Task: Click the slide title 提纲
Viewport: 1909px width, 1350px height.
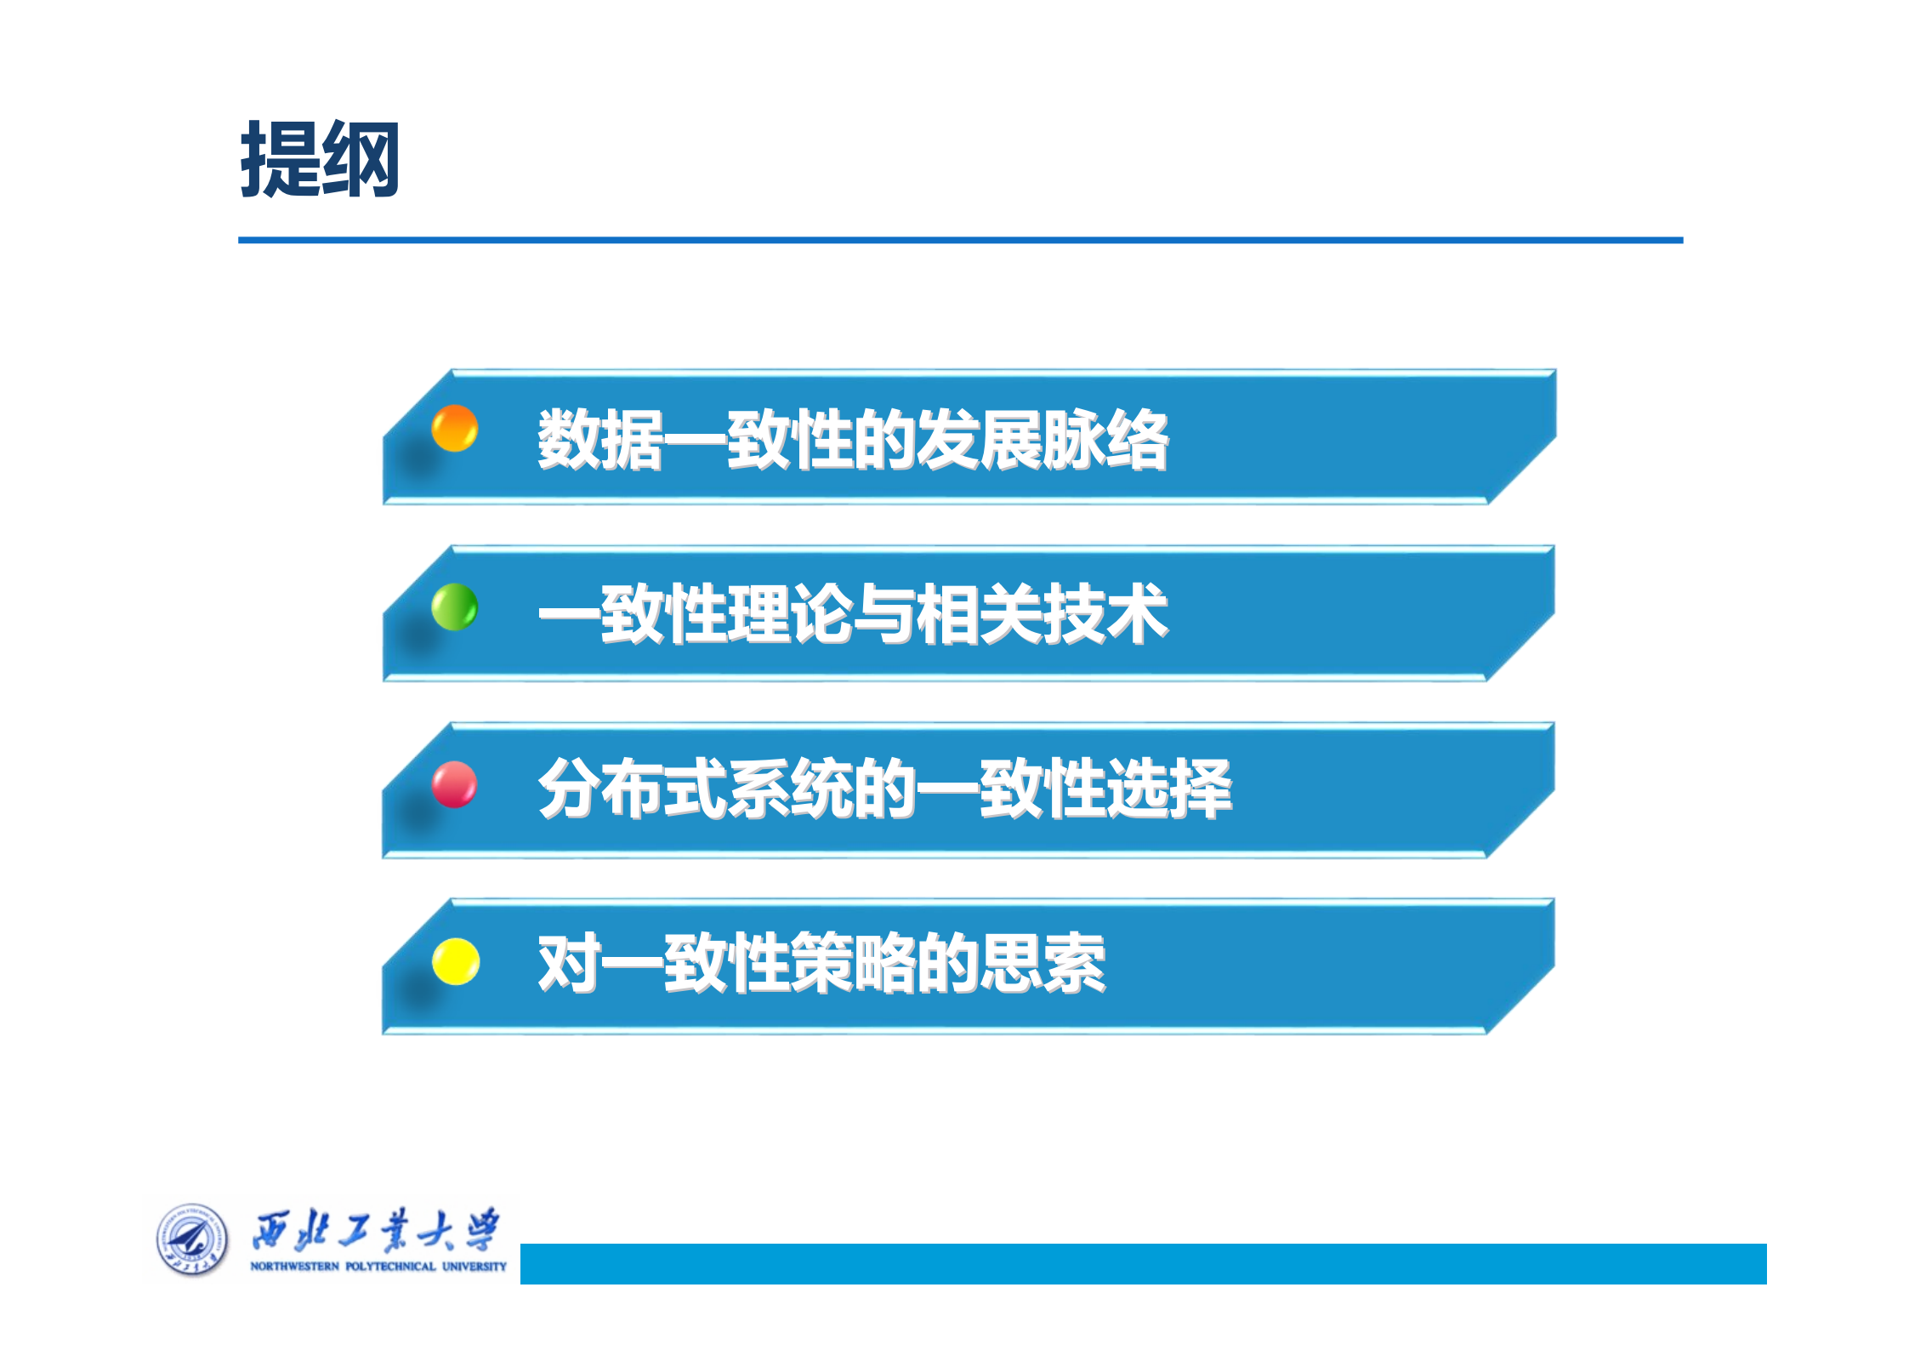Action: coord(320,159)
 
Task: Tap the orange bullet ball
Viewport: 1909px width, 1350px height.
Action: coord(454,428)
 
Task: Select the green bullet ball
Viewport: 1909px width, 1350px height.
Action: coord(454,607)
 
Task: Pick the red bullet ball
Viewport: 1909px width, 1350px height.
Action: coord(454,783)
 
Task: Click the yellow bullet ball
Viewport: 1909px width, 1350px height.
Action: coord(456,961)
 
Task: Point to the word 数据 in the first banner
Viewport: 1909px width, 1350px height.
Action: coord(600,440)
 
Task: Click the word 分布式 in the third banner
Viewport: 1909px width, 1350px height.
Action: coord(632,789)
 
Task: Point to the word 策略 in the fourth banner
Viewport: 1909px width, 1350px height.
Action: coord(853,964)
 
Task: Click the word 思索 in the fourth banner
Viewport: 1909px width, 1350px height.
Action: coord(1043,964)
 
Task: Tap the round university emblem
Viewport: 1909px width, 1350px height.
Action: coord(192,1239)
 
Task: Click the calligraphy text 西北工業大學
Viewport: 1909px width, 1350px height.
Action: coord(376,1230)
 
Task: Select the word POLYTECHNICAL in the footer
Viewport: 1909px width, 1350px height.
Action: coord(390,1267)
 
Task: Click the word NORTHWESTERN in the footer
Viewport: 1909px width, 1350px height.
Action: coord(294,1267)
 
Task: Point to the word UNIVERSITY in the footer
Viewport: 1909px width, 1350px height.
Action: coord(474,1267)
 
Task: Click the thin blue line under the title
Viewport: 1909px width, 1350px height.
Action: coord(960,240)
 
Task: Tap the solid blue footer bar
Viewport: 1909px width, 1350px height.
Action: coord(1143,1263)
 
